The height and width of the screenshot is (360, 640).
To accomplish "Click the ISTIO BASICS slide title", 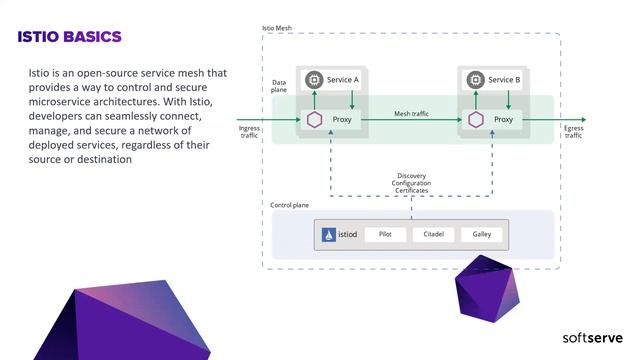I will (x=70, y=37).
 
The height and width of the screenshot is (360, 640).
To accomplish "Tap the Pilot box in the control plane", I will (x=385, y=235).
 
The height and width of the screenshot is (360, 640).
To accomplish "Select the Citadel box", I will (x=433, y=235).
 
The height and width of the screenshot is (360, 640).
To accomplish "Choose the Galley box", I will (x=481, y=235).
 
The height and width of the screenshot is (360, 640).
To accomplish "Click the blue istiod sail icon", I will (x=328, y=236).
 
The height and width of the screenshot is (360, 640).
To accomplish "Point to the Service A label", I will (x=343, y=79).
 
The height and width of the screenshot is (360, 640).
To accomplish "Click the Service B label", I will (x=504, y=79).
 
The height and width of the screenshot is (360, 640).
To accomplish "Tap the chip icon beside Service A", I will (x=314, y=79).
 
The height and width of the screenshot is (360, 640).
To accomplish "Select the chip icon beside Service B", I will (x=474, y=79).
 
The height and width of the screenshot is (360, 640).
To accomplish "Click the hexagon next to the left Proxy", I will (x=314, y=120).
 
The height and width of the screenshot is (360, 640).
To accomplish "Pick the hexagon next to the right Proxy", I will (x=474, y=120).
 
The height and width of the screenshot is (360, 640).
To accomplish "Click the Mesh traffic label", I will (x=411, y=114).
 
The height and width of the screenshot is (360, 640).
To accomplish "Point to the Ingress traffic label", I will (x=250, y=131).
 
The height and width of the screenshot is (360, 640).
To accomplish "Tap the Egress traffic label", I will (x=573, y=131).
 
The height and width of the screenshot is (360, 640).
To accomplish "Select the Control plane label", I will (x=290, y=205).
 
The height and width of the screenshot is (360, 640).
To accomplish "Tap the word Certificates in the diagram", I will (x=411, y=190).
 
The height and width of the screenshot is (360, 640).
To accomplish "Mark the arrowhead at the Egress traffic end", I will (x=583, y=120).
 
